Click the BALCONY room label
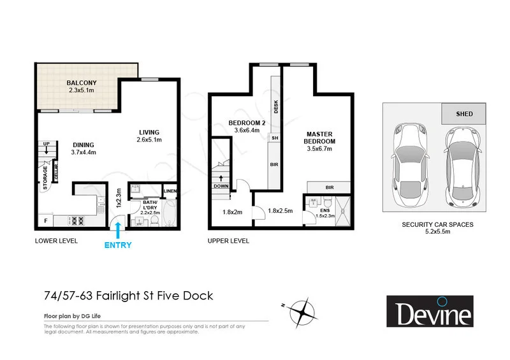[80, 83]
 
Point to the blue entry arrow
[116, 227]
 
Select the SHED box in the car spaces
[464, 114]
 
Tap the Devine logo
[433, 312]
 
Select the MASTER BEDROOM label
[319, 137]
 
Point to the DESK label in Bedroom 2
[276, 108]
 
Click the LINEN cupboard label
[170, 191]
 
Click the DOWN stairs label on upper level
[221, 186]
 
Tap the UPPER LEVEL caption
[228, 241]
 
